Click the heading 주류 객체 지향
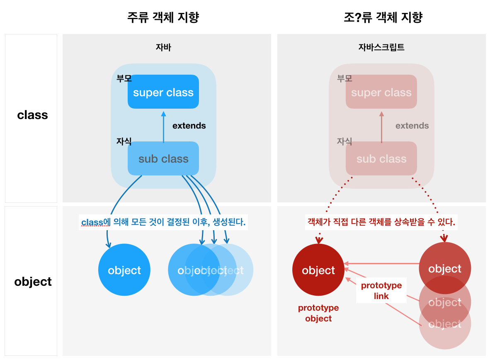pos(163,18)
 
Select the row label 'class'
pos(32,115)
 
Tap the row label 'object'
pos(33,282)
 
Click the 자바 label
pos(163,47)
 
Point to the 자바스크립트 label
pos(381,47)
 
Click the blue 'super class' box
pos(163,92)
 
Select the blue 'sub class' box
pos(163,158)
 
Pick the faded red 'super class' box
pos(381,92)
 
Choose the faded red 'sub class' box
pos(381,158)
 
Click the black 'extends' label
pos(189,126)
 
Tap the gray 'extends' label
pos(412,126)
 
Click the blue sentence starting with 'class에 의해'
pos(163,222)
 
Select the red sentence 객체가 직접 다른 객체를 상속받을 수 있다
pos(381,222)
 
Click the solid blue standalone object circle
pos(124,270)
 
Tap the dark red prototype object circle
pos(318,270)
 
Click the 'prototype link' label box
pos(381,291)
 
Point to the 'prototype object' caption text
pos(318,313)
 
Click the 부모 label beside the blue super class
pos(124,78)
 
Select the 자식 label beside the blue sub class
pos(124,141)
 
